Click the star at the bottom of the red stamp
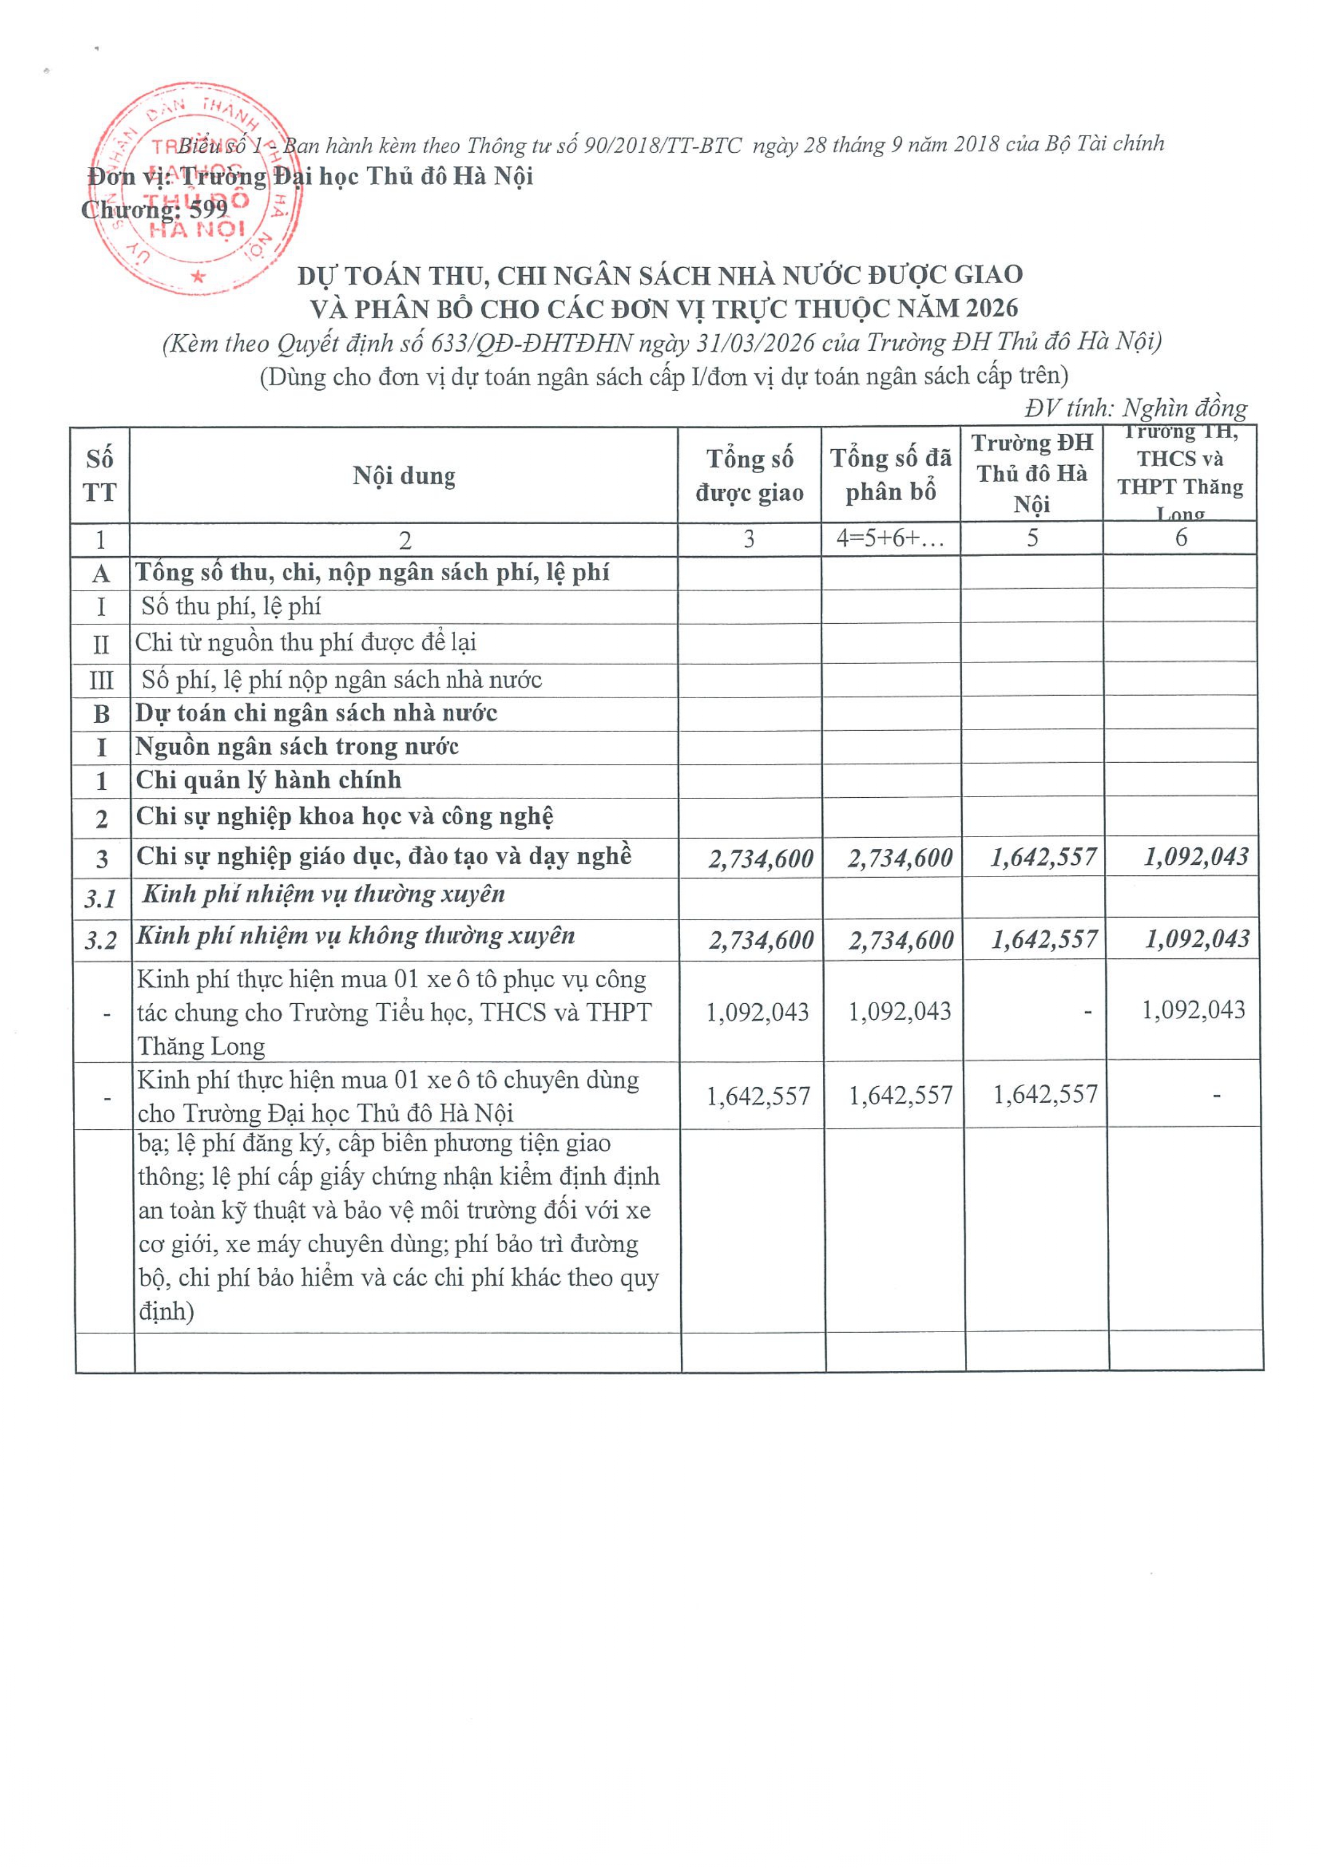tap(199, 277)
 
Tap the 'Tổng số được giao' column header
tap(749, 476)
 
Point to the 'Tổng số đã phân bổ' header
tap(891, 475)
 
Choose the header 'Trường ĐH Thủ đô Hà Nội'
tap(1031, 474)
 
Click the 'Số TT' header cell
tap(100, 476)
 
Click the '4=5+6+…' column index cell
tap(891, 539)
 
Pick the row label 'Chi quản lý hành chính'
tap(268, 780)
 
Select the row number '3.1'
tap(101, 899)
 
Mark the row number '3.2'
tap(101, 940)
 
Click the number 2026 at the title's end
tap(992, 308)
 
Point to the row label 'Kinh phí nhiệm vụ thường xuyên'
tap(324, 894)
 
